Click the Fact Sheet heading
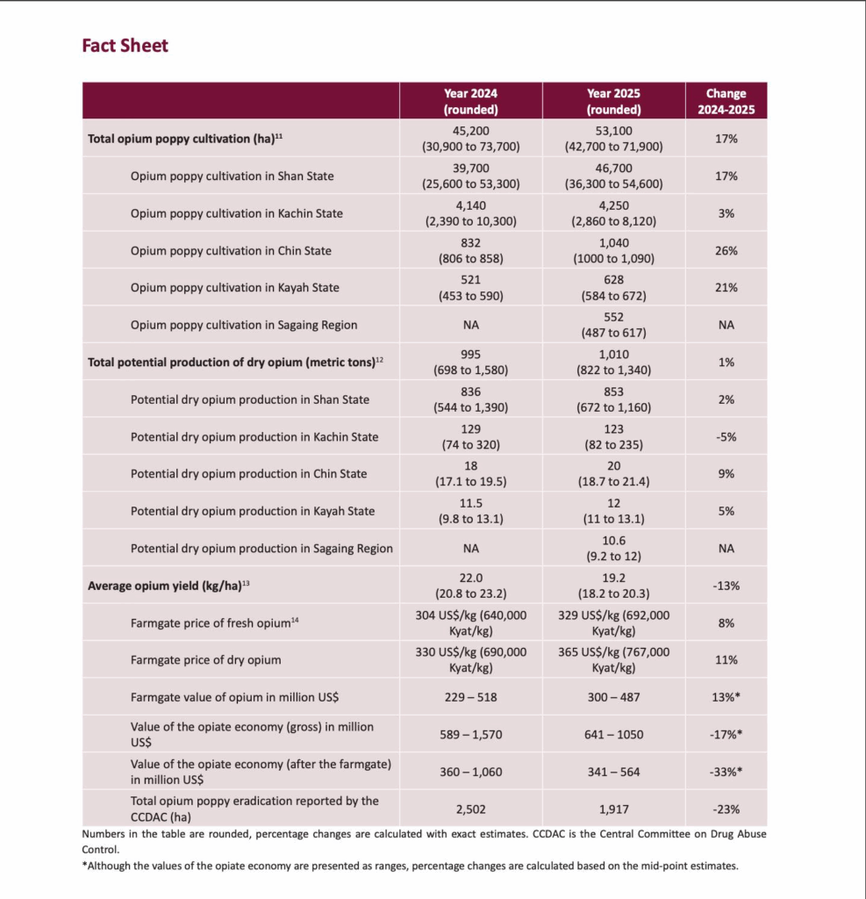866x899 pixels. (x=125, y=46)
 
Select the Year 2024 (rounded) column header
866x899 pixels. (x=470, y=101)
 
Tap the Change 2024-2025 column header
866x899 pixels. (x=726, y=101)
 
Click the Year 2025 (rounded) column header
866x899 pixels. (x=613, y=101)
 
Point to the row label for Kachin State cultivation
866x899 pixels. (x=236, y=213)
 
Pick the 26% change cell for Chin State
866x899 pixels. (x=726, y=250)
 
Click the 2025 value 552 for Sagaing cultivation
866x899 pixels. (x=613, y=317)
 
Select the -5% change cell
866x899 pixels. (x=726, y=436)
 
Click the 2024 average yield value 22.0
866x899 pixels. (x=470, y=578)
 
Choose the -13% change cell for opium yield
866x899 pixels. (x=726, y=586)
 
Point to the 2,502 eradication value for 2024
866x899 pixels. (x=470, y=809)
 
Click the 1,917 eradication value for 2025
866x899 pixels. (x=613, y=809)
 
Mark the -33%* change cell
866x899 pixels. (x=726, y=772)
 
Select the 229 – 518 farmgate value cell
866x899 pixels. (x=470, y=697)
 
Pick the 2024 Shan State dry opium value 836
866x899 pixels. (x=470, y=392)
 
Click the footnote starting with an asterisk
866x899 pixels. (x=410, y=866)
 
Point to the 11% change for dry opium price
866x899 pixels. (x=726, y=659)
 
